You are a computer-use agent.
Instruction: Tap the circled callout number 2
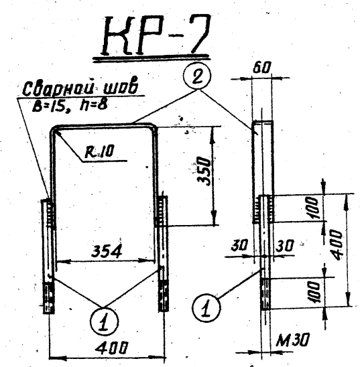click(x=197, y=76)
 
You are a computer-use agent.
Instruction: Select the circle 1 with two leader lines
click(x=104, y=321)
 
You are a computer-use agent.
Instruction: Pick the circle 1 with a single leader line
click(x=206, y=307)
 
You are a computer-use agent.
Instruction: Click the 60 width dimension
click(x=262, y=68)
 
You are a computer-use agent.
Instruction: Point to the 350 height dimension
click(x=203, y=171)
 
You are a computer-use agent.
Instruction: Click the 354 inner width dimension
click(x=107, y=251)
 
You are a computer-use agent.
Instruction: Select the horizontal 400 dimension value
click(x=112, y=348)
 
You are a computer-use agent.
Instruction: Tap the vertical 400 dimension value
click(x=337, y=244)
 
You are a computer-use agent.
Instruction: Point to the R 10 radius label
click(x=99, y=151)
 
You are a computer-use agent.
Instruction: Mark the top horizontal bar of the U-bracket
click(x=103, y=125)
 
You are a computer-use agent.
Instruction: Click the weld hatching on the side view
click(x=263, y=210)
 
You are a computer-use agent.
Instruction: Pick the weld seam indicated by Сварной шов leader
click(x=51, y=213)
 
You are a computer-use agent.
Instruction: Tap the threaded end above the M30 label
click(x=265, y=293)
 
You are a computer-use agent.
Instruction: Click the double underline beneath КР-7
click(x=151, y=58)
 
